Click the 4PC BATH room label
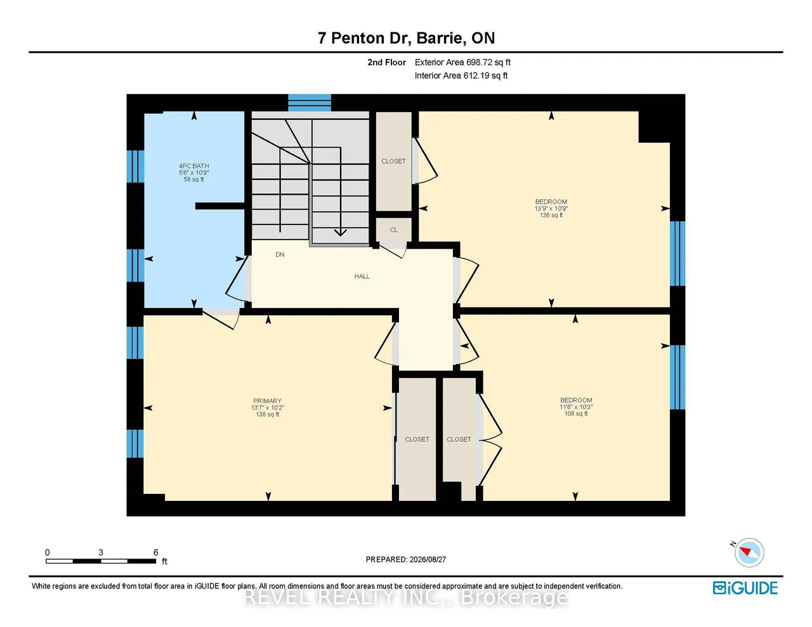tap(193, 166)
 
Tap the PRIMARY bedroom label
tap(267, 401)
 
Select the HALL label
tap(362, 276)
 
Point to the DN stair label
tap(280, 255)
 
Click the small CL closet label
tap(394, 230)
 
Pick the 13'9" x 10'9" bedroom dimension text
tap(551, 209)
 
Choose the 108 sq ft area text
tap(576, 414)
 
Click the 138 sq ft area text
tap(268, 415)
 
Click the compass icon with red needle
tap(749, 553)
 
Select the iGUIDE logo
tap(745, 588)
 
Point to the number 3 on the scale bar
tap(101, 552)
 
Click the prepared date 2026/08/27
tap(428, 559)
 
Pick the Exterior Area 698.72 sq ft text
tap(462, 62)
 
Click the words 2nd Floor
tap(386, 62)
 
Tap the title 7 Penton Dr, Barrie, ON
tap(406, 38)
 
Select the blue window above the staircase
tap(310, 103)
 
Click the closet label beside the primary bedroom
tap(417, 439)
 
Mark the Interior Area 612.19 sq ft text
tap(461, 76)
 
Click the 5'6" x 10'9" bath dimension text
tap(193, 173)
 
